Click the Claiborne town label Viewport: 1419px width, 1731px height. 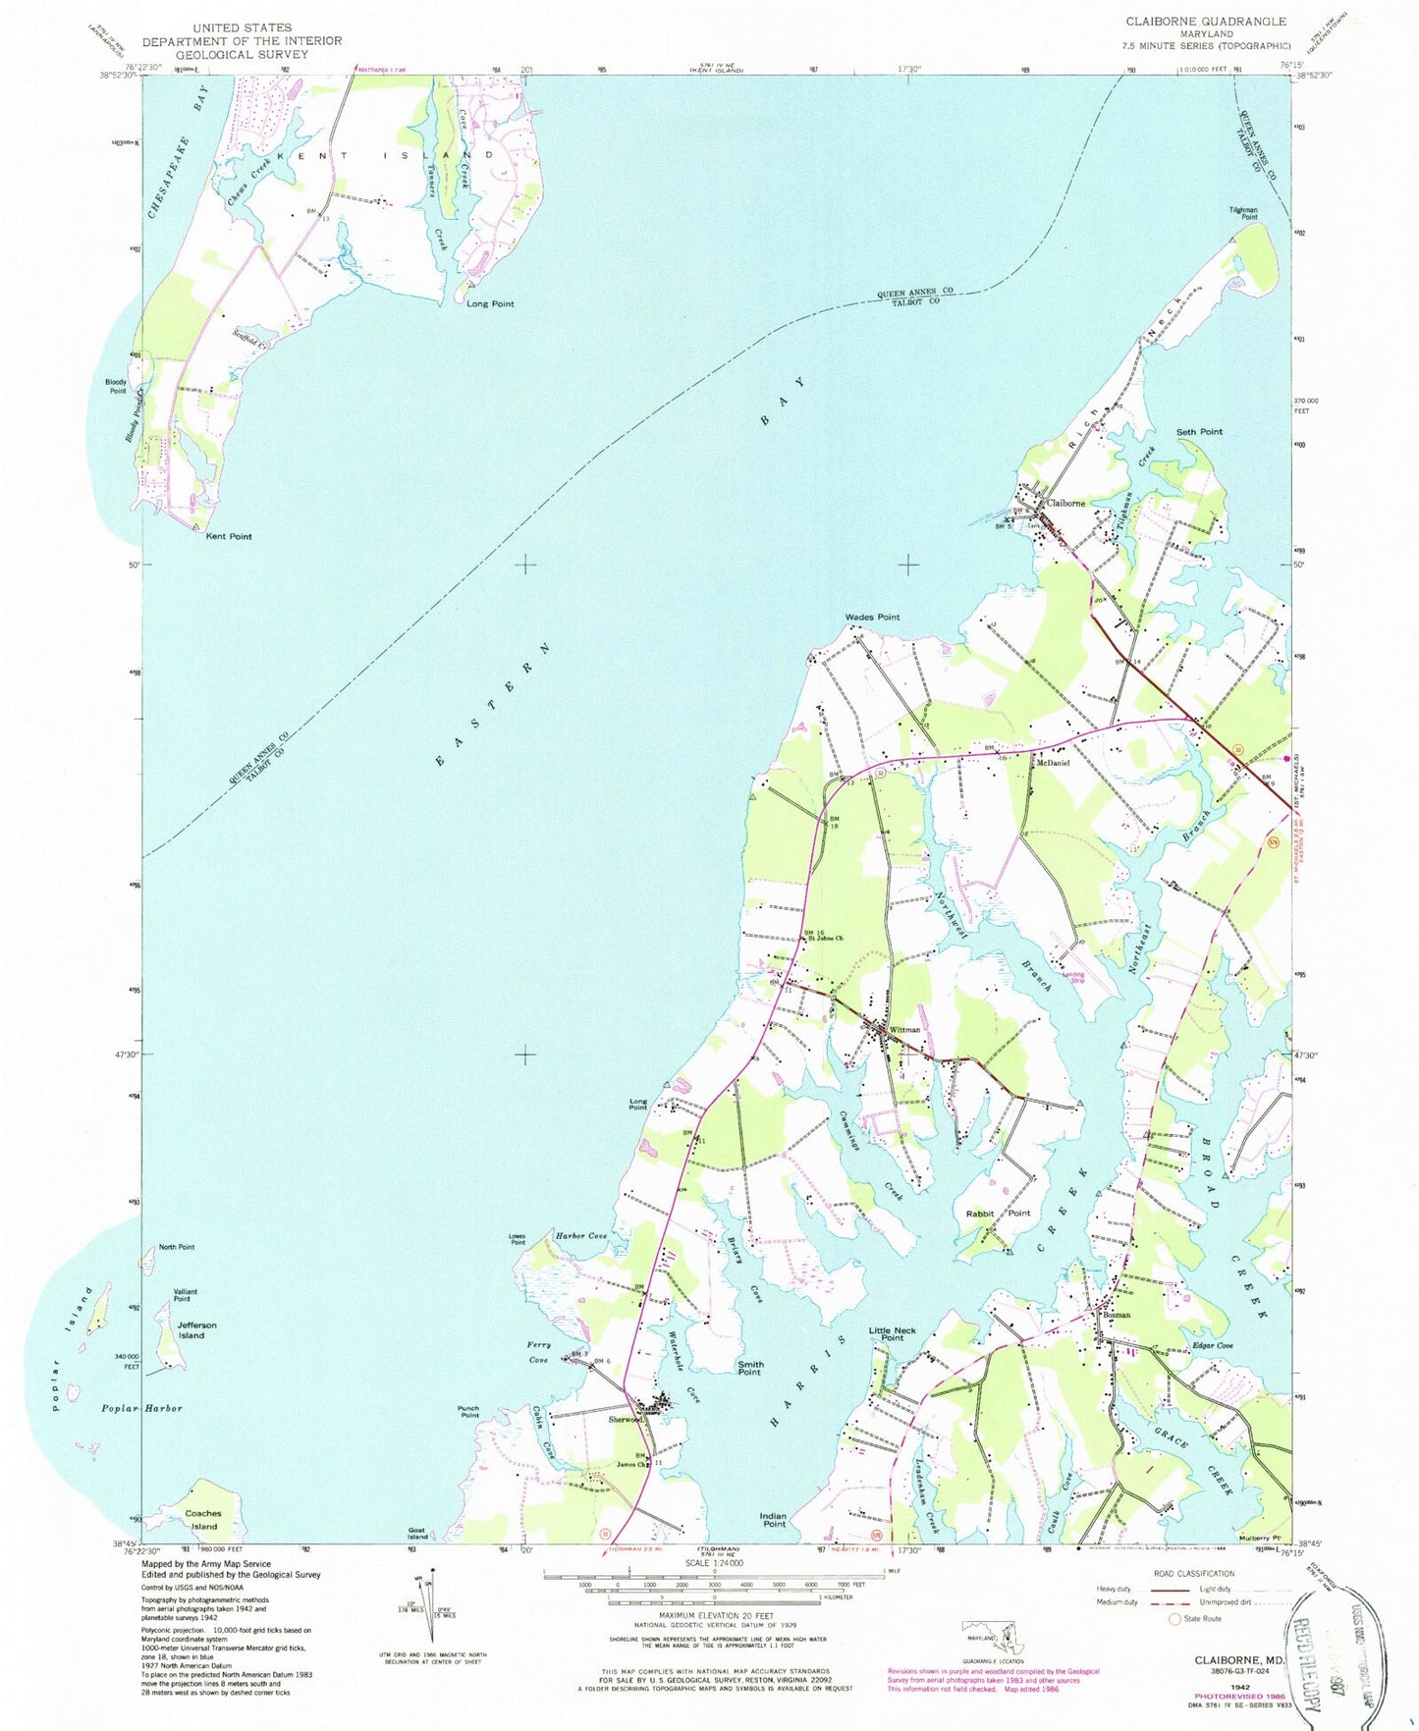pos(1066,503)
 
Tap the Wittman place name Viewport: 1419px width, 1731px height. pos(905,1030)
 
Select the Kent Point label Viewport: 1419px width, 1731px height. pos(228,536)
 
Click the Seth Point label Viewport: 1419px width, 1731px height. pos(1199,432)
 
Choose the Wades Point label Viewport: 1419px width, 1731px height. pos(872,617)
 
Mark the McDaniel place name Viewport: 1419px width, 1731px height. pos(1053,763)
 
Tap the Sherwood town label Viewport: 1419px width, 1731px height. pos(626,1419)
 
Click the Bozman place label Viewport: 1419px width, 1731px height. pos(1118,1315)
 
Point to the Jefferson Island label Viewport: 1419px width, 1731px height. pos(196,1330)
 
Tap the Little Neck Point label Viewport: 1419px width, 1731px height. pos(893,1334)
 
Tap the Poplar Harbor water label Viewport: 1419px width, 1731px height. pos(142,1408)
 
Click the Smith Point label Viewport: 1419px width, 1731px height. pos(750,1369)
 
